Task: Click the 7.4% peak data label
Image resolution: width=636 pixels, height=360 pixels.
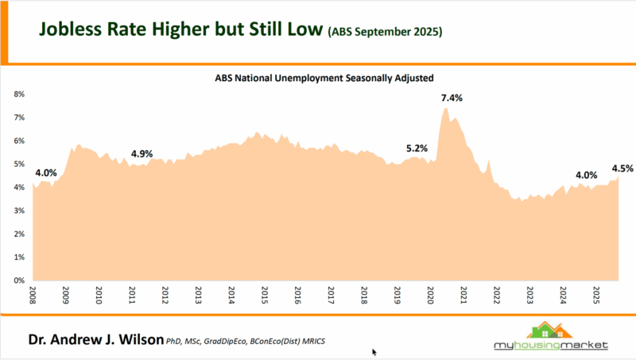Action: pyautogui.click(x=452, y=98)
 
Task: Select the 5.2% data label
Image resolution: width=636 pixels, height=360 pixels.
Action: pyautogui.click(x=417, y=148)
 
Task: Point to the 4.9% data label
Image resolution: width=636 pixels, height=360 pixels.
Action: pyautogui.click(x=142, y=153)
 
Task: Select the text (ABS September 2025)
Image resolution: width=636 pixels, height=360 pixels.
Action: pyautogui.click(x=385, y=33)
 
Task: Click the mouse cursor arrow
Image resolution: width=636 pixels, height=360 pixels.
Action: pyautogui.click(x=374, y=351)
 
